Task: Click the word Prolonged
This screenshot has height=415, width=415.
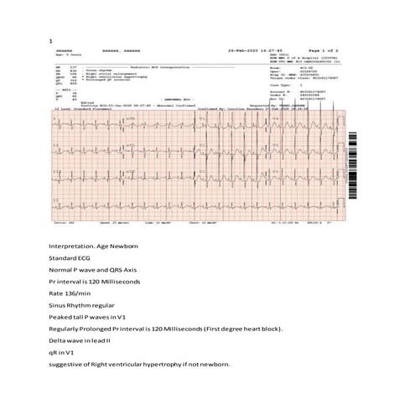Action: pos(99,342)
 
